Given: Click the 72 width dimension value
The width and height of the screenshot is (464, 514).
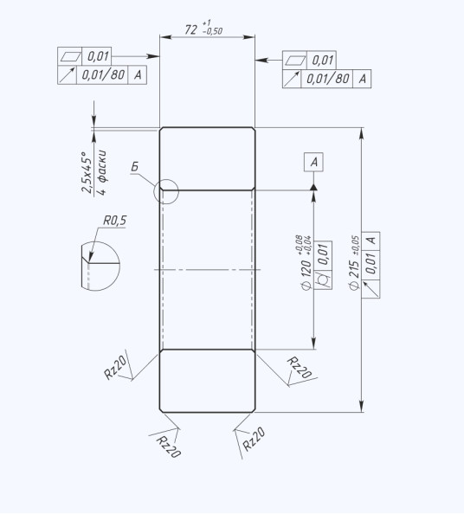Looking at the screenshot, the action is click(190, 29).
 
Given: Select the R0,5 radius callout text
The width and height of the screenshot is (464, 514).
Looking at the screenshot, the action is click(115, 221).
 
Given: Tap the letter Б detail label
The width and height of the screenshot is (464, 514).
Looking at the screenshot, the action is click(135, 167).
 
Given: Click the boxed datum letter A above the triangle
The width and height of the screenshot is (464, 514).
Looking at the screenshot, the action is click(314, 162).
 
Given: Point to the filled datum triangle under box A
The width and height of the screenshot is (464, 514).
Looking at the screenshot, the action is click(314, 187).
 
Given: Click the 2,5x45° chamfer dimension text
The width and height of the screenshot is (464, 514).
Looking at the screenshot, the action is click(87, 172).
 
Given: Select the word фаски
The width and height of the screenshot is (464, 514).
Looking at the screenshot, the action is click(102, 166).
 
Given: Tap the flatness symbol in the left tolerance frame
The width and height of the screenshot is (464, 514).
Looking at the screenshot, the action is click(70, 56).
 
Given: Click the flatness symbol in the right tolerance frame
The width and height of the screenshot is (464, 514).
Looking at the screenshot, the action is click(295, 61).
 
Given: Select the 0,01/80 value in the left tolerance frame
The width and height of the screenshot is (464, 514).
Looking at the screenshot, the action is click(103, 75).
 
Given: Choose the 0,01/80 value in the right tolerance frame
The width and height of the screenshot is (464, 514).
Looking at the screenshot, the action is click(327, 79).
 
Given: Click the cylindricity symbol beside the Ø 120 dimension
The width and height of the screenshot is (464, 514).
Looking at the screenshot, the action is click(323, 281).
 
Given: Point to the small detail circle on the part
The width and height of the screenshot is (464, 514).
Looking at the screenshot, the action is click(166, 191).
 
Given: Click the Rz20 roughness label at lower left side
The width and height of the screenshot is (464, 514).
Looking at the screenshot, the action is click(115, 368).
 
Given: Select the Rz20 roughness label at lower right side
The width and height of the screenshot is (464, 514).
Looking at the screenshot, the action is click(300, 368).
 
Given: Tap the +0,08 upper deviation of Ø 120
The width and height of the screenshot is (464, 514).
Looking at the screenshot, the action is click(299, 245).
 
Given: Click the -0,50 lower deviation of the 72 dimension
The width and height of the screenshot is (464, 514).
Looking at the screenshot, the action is click(212, 31).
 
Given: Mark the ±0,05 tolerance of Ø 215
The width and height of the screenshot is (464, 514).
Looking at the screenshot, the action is click(356, 246).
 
